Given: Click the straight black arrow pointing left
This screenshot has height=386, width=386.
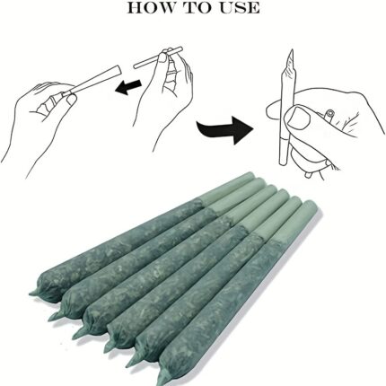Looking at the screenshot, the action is [x=129, y=86].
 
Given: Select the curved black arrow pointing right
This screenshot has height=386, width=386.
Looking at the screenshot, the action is [x=224, y=129].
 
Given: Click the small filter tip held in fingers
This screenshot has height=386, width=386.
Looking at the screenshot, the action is [x=158, y=57].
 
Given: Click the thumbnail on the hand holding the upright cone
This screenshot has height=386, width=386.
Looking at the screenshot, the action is [x=300, y=118].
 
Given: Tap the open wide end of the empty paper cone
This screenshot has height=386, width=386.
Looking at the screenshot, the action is [x=118, y=71].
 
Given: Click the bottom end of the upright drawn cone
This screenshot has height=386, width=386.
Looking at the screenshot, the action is [x=283, y=163].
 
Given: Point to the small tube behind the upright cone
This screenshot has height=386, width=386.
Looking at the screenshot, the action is [x=329, y=116].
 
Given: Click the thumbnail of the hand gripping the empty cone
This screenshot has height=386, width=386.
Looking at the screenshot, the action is [x=71, y=101].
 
